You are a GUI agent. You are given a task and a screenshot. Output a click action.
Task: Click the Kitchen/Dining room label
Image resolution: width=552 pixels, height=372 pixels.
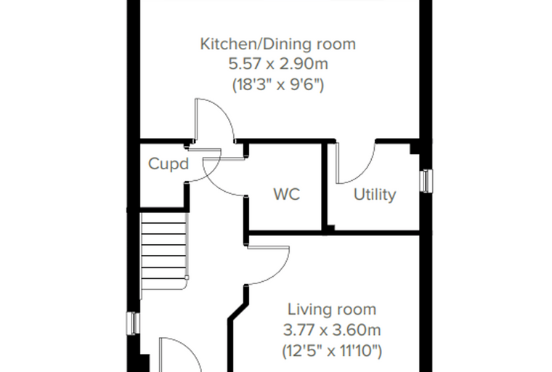[x=277, y=44]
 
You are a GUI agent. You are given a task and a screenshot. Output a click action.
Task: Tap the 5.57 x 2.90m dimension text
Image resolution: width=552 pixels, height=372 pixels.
[x=278, y=64]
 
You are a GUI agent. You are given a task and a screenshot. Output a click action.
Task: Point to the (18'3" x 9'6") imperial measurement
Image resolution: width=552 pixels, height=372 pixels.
[x=277, y=85]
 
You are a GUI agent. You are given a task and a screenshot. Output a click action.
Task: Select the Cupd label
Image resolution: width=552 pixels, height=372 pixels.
[x=169, y=163]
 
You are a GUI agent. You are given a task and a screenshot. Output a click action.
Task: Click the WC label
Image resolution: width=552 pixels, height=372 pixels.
[x=287, y=195]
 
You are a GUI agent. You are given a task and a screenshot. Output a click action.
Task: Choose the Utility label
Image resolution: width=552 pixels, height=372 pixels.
[x=375, y=195]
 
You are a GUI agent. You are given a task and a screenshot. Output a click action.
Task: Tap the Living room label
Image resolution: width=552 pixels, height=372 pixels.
[x=332, y=310]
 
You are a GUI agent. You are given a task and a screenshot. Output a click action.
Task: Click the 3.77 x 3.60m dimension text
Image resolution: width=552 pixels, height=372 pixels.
[x=332, y=330]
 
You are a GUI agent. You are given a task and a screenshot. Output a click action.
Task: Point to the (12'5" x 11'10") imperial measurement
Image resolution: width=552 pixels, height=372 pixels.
[x=332, y=351]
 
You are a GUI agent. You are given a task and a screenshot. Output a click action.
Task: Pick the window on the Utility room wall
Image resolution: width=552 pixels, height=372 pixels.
[x=426, y=181]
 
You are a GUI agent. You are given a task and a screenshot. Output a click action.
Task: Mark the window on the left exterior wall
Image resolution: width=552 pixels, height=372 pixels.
[x=133, y=323]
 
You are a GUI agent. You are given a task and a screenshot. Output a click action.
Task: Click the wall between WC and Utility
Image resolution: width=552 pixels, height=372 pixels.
[x=325, y=186]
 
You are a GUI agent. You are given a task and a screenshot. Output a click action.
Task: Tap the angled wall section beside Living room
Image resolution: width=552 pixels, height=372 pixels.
[x=238, y=310]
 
